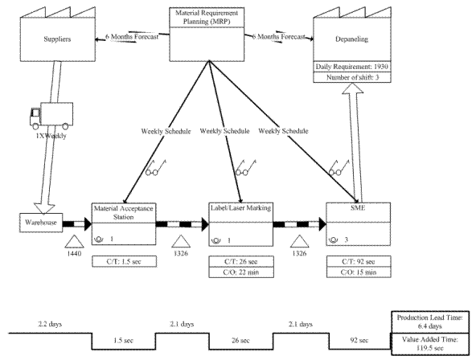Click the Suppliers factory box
pos(58,39)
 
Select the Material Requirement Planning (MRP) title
pos(207,18)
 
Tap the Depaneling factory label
pos(352,39)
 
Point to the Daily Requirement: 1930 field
pos(352,67)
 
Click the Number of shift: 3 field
pos(352,77)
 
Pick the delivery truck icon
pos(51,116)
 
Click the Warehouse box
pos(41,223)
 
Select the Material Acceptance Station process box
pos(124,224)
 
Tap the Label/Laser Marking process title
pos(240,208)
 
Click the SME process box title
pos(359,208)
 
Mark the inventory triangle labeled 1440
pos(74,242)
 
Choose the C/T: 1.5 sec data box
pos(125,261)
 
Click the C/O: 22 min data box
pos(241,272)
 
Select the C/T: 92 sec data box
pos(359,261)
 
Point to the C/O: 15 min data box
pos(359,272)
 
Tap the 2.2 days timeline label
pos(50,324)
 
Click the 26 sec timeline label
pos(240,340)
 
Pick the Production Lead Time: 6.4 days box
pos(430,321)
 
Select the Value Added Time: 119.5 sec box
pos(430,344)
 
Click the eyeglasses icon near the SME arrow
pos(339,168)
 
